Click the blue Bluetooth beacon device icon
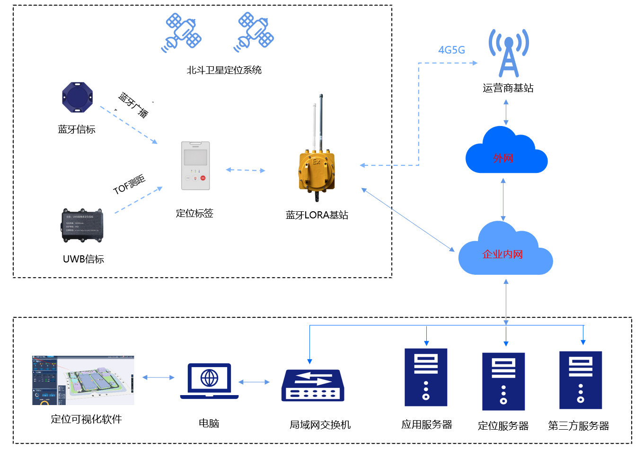pos(77,98)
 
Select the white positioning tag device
pos(195,166)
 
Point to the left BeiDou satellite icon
pos(181,33)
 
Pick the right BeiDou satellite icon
pos(254,32)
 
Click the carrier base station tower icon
pos(509,53)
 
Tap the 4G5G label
pos(451,50)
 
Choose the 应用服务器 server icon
pos(426,378)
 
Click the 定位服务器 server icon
pos(503,381)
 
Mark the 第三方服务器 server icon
pos(581,380)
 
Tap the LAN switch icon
pos(313,385)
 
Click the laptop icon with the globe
pos(209,381)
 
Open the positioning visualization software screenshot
pos(83,380)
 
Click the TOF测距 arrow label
pos(129,184)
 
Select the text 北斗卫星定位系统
pos(224,70)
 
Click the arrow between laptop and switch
pos(254,382)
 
